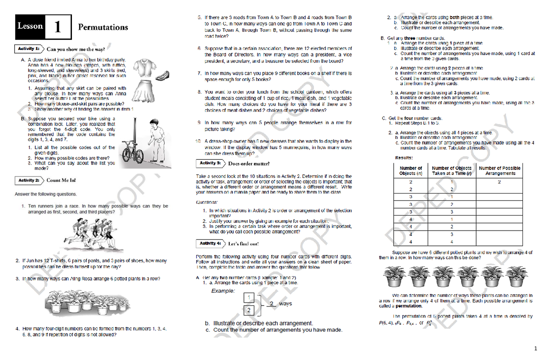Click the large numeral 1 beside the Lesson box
[58, 27]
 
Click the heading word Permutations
[103, 27]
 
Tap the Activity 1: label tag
[29, 49]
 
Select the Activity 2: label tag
[29, 180]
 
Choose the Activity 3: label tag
[210, 163]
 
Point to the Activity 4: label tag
[210, 243]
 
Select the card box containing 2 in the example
[248, 310]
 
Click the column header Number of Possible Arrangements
[500, 171]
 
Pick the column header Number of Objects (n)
[411, 171]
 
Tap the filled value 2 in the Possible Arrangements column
[500, 182]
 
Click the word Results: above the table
[405, 158]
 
